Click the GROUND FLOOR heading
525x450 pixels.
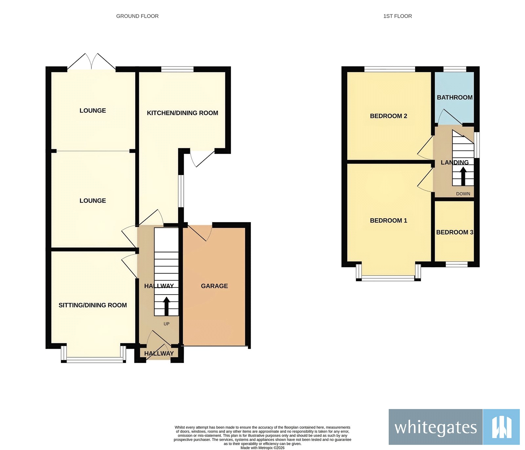137,16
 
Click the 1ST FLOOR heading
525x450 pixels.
397,16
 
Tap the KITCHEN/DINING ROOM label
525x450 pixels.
182,113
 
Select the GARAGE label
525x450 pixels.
214,286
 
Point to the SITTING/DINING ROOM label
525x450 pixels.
93,305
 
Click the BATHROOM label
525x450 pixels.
454,97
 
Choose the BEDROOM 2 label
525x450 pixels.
388,116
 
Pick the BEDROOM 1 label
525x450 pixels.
388,221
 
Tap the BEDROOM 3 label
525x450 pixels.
454,232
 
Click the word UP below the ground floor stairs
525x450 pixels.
166,324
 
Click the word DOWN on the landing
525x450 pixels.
463,194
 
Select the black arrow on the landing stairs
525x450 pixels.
463,176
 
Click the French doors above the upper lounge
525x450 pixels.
92,62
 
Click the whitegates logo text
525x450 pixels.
435,427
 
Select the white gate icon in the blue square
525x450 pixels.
501,427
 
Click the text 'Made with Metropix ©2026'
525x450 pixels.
262,448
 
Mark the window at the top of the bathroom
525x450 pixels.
454,69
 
